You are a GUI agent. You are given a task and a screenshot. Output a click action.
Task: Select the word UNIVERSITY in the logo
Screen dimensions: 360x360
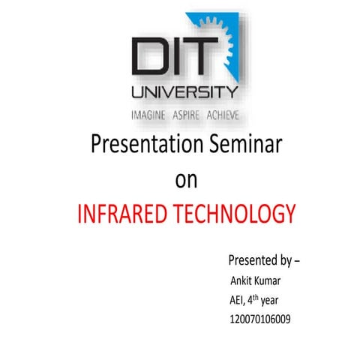[184, 94]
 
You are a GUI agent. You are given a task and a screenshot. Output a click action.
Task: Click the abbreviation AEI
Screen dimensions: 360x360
[238, 301]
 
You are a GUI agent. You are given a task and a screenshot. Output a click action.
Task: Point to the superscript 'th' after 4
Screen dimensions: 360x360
[260, 297]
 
